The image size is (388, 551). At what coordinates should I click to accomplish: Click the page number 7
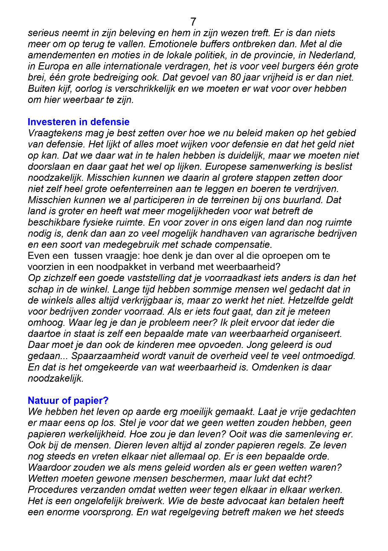[193, 22]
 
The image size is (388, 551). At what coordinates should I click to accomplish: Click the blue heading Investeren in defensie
[78, 122]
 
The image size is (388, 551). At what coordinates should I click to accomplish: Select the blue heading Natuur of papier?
[68, 400]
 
